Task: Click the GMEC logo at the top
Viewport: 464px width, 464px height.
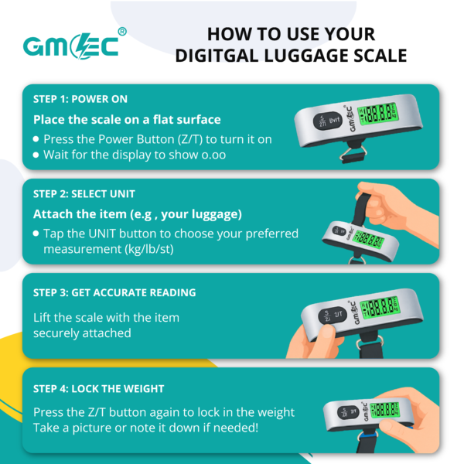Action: pos(71,46)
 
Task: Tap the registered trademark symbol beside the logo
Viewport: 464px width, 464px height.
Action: pos(122,32)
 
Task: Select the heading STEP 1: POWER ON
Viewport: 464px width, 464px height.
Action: pos(80,99)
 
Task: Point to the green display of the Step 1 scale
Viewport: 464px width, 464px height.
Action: pos(378,114)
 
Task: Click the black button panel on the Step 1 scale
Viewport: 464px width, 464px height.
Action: pos(328,121)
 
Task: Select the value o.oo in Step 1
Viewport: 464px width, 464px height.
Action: pos(213,155)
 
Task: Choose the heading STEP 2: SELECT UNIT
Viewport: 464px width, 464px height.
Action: pos(84,194)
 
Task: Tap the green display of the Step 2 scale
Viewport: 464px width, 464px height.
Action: pos(369,239)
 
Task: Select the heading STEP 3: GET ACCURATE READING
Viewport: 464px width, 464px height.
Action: pos(114,292)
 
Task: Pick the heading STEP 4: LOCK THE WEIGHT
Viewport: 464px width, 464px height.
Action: pos(98,389)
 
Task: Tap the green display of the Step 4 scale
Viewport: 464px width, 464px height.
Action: pos(384,410)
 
